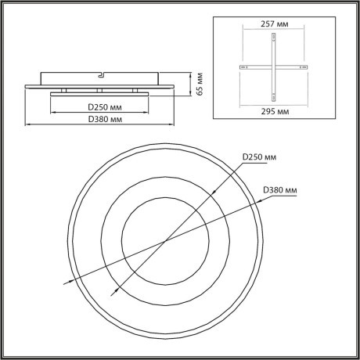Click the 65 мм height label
click(201, 81)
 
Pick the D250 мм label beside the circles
click(259, 157)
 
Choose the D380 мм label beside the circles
click(279, 189)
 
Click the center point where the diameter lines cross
click(164, 242)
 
